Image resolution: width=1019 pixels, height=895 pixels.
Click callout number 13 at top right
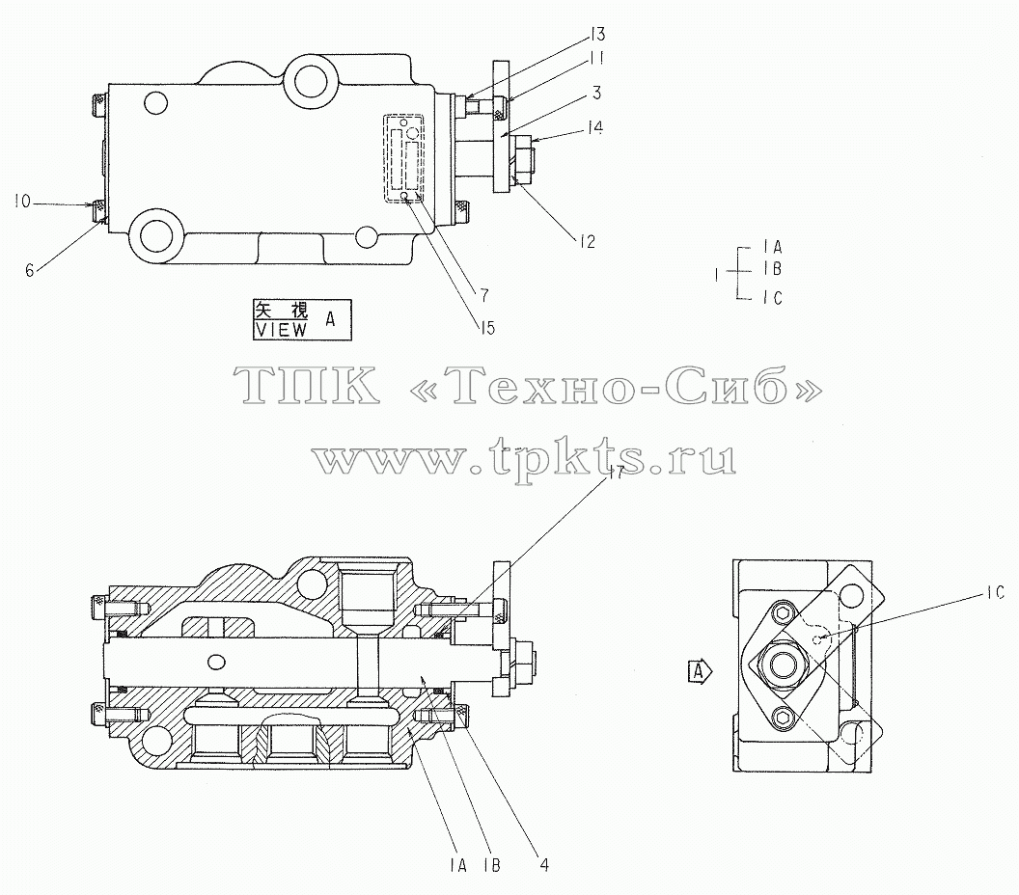pos(597,33)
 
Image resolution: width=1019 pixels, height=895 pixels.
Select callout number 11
pos(597,59)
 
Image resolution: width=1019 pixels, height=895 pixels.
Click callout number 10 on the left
pos(22,202)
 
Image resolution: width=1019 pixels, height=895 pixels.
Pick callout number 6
pos(29,270)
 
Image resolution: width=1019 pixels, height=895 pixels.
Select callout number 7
pos(484,295)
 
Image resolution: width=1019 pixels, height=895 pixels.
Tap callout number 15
pos(486,328)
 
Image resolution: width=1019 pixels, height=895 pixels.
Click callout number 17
pos(616,473)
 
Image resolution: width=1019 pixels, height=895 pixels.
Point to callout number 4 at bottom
pos(544,864)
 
